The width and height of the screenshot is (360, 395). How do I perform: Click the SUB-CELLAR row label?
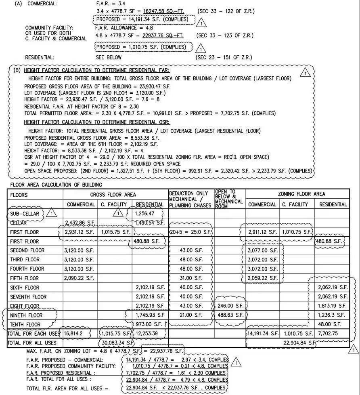[x=25, y=213]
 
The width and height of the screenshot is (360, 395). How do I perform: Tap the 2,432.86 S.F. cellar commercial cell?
[x=80, y=223]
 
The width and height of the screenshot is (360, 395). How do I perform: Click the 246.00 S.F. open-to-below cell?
[x=230, y=306]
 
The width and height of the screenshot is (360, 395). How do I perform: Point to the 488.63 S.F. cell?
[x=230, y=315]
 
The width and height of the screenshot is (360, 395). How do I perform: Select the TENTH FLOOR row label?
[x=25, y=324]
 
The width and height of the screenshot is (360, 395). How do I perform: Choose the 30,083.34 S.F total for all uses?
[x=117, y=342]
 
